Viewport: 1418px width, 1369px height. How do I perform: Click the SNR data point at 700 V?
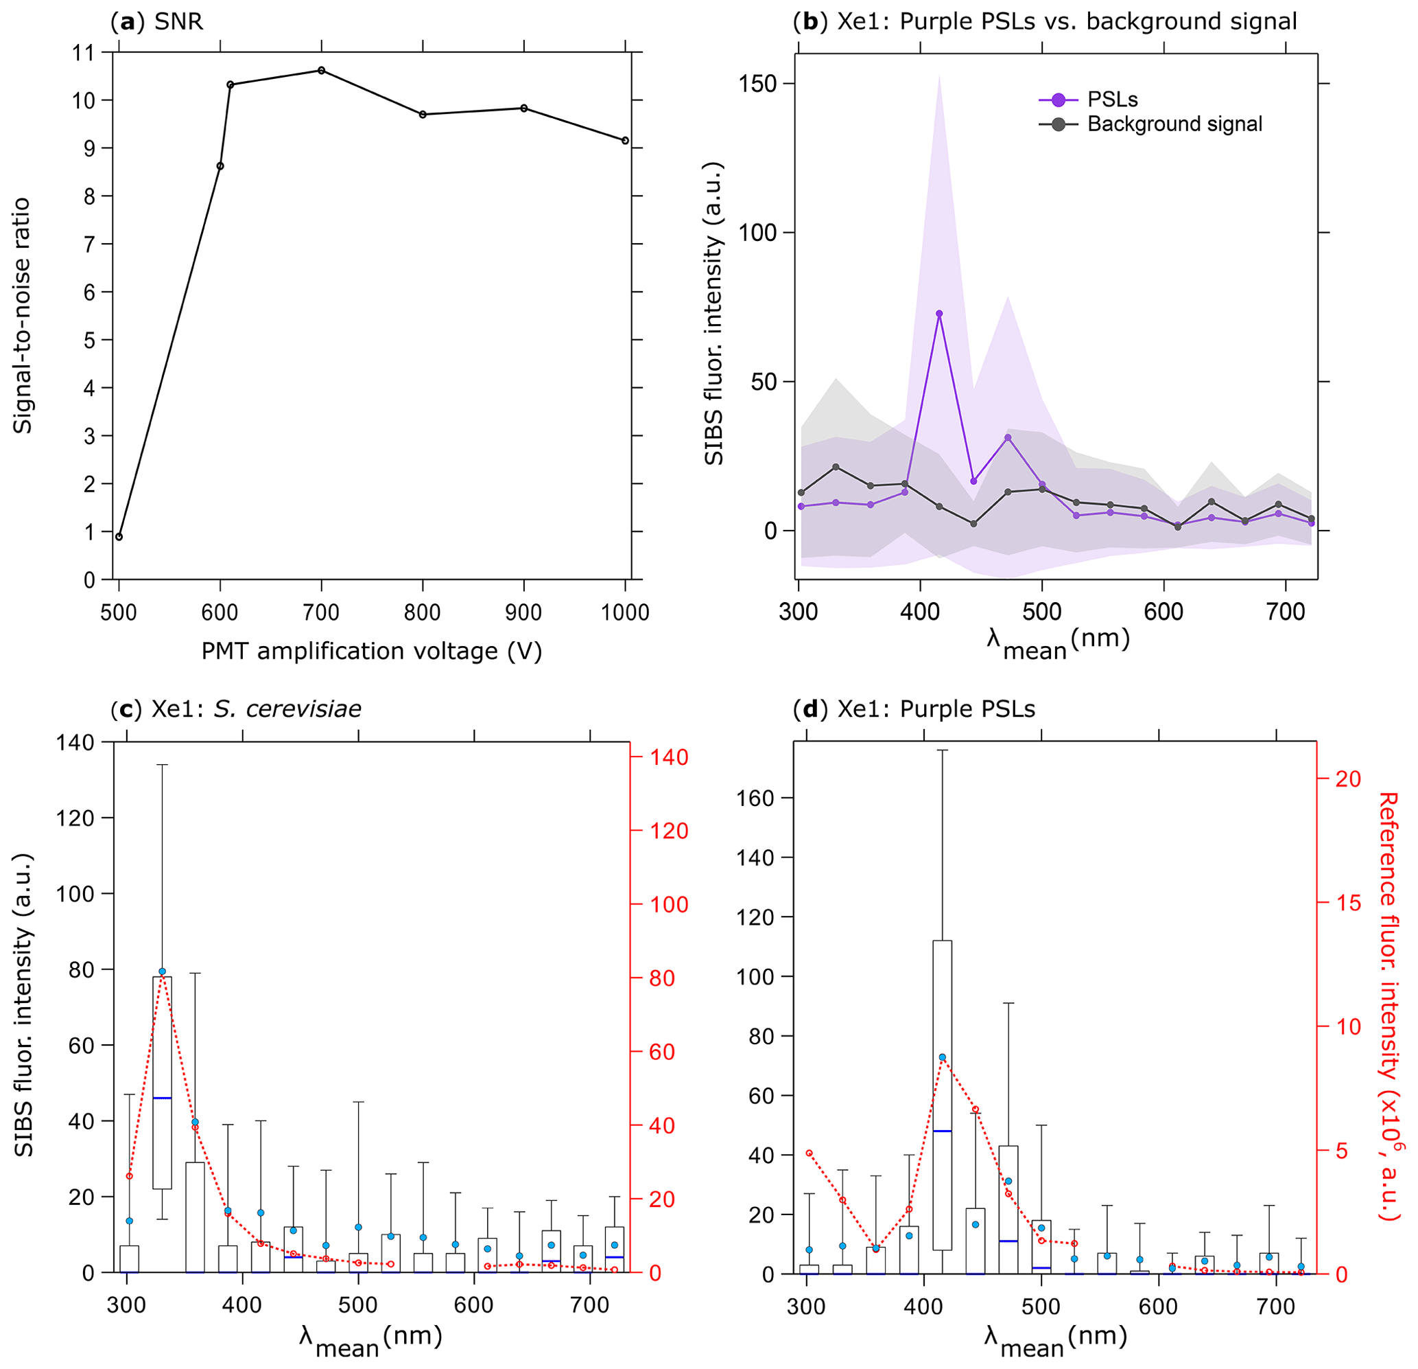tap(321, 70)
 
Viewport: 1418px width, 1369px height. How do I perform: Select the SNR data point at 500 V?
tap(119, 536)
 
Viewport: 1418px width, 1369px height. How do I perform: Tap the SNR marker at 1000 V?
tap(625, 141)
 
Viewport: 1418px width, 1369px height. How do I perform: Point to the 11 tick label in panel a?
tap(84, 52)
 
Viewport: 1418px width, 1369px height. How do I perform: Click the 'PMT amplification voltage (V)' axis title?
tap(371, 652)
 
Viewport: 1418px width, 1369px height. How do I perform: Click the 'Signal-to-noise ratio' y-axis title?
tap(23, 315)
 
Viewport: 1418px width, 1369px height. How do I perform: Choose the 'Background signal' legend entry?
tap(1150, 124)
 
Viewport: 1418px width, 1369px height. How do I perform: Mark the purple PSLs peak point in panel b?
tap(939, 314)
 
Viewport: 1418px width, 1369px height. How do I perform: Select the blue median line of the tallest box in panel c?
tap(162, 1098)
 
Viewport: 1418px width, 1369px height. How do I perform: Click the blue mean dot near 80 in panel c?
tap(162, 971)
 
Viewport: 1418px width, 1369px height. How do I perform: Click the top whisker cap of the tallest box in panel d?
tap(942, 750)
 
